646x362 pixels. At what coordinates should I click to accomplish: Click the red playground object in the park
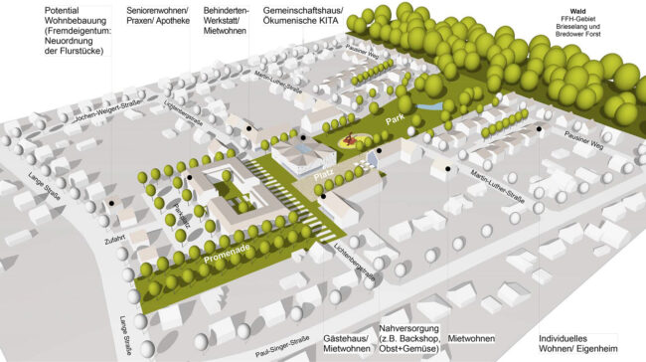[x=351, y=141]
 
